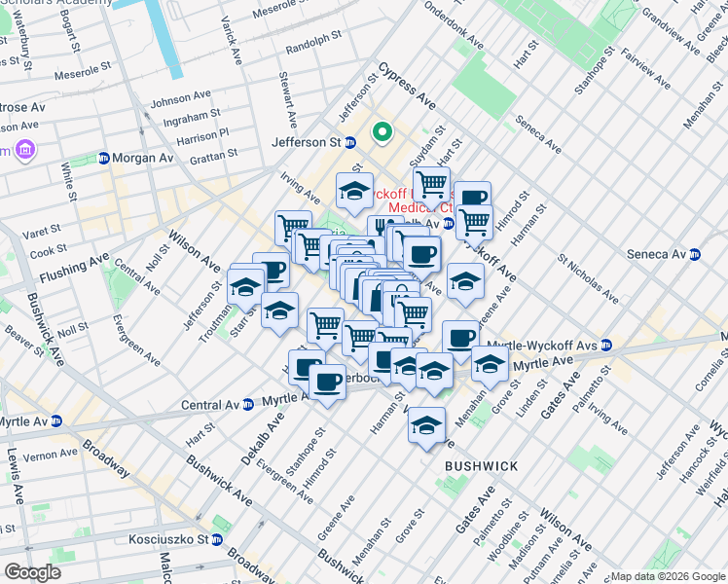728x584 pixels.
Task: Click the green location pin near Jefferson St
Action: tap(382, 131)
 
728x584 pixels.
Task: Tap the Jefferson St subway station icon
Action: tap(350, 142)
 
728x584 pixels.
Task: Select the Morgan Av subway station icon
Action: tap(103, 158)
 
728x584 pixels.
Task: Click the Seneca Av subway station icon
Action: tap(695, 255)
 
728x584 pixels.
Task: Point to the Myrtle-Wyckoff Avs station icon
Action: tap(606, 345)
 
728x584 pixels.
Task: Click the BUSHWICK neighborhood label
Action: tap(481, 466)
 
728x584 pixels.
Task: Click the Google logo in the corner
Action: tap(32, 571)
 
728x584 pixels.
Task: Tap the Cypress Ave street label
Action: tap(408, 86)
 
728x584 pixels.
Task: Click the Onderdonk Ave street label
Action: tap(454, 30)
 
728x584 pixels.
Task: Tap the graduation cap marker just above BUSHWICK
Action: tap(426, 425)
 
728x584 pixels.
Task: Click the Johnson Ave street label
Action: tap(180, 98)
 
